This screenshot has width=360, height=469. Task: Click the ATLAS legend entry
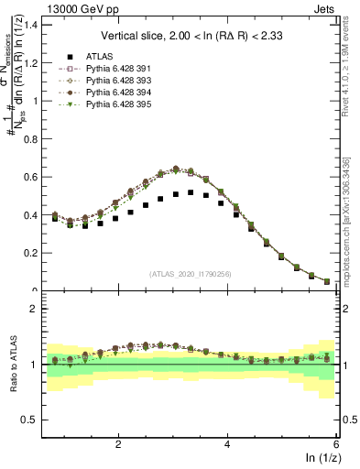click(x=99, y=56)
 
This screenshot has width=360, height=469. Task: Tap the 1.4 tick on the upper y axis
click(x=30, y=24)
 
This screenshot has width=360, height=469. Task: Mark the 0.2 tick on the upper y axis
click(x=30, y=253)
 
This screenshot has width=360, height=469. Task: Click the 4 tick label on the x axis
click(x=227, y=442)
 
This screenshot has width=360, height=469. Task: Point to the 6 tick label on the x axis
click(x=336, y=442)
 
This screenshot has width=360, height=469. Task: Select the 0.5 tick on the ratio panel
click(x=30, y=420)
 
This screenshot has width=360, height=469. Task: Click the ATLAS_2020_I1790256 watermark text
click(x=190, y=274)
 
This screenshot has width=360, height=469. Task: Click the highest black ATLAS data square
click(x=190, y=192)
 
